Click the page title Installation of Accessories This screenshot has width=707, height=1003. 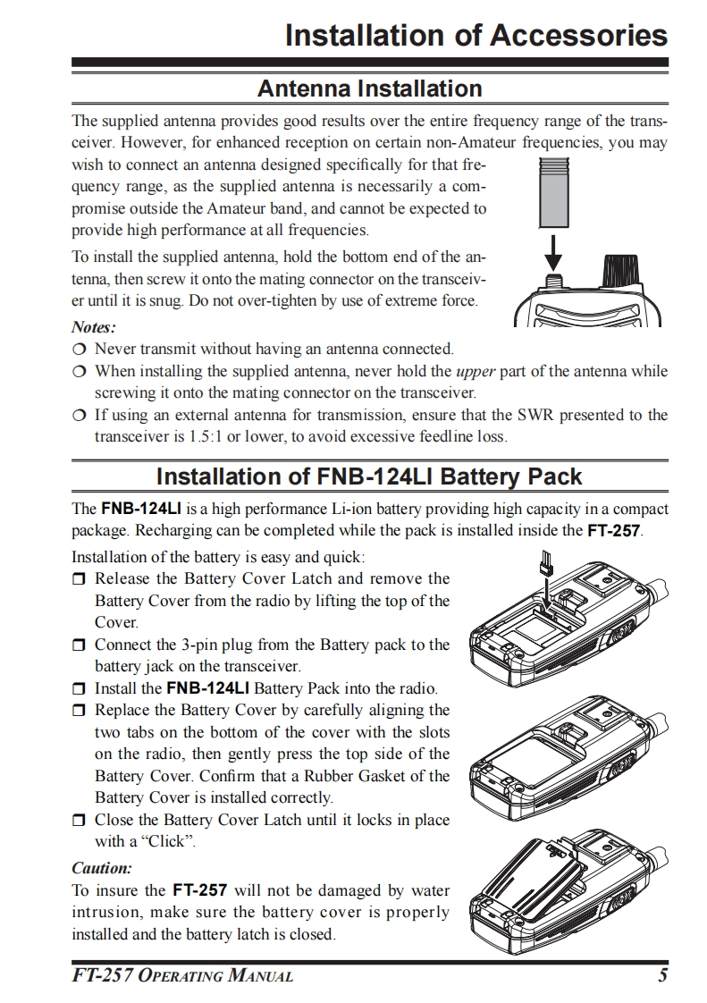[x=476, y=36]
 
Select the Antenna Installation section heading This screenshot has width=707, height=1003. [x=369, y=88]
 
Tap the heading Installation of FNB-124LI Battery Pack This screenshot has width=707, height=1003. [x=369, y=476]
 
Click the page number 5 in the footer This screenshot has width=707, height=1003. [x=662, y=975]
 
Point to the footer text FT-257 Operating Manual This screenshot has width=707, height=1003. [x=182, y=975]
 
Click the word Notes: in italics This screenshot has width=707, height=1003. [x=94, y=328]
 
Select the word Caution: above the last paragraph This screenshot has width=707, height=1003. [x=102, y=868]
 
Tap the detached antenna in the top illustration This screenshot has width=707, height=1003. [x=555, y=192]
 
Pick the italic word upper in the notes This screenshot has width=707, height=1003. [x=476, y=371]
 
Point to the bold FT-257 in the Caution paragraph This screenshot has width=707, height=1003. [x=200, y=890]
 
